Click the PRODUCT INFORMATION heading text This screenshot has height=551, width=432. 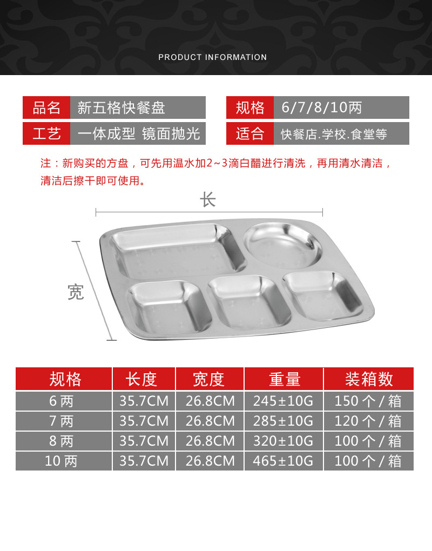tap(212, 57)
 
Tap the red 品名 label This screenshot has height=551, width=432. tap(46, 107)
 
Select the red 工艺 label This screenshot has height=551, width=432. tap(46, 133)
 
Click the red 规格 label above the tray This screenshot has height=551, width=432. tap(249, 107)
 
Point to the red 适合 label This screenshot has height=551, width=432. tap(249, 133)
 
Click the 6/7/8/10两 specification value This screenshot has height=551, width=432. tap(321, 107)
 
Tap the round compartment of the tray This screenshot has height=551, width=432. tap(283, 245)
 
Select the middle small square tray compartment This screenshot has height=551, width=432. tap(249, 302)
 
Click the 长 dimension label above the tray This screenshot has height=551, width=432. tap(207, 200)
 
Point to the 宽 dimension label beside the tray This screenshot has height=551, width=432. tap(76, 292)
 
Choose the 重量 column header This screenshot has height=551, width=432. tap(285, 379)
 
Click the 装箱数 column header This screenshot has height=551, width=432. tap(369, 379)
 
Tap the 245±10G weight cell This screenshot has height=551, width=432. tap(283, 401)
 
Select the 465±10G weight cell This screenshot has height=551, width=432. tap(283, 461)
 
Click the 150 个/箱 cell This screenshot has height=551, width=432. tap(368, 401)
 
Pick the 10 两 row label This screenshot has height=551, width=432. tap(61, 461)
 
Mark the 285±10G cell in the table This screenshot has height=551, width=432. tap(283, 421)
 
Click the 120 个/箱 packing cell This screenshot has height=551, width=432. tap(368, 421)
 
